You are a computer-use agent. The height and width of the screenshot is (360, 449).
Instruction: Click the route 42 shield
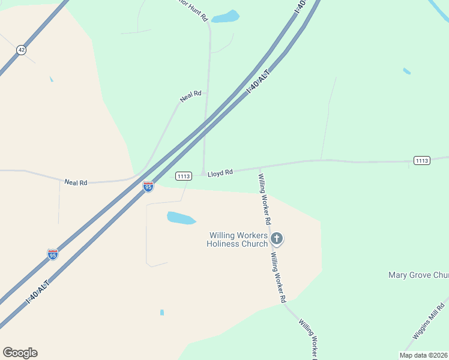coord(22,50)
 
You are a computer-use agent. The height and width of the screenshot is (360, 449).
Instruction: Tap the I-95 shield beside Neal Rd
coord(148,187)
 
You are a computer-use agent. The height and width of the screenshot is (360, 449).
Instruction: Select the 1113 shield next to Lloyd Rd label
coord(184,176)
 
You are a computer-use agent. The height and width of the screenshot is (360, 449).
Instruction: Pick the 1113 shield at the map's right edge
coord(422,160)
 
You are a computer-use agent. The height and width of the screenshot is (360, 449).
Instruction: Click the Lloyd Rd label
coord(220,173)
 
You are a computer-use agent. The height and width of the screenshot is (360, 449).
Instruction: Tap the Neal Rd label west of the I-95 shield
coord(76,182)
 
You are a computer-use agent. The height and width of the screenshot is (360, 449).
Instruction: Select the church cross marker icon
coord(277,239)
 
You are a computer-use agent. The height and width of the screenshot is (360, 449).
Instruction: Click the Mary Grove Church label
coord(418,275)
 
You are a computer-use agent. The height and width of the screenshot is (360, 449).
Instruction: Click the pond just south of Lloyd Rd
coord(181,218)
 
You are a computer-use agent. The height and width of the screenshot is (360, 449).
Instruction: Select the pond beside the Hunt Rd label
coord(225,17)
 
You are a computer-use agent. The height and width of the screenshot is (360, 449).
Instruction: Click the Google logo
coord(20,353)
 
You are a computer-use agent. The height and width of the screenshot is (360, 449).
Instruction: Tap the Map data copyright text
coord(424,355)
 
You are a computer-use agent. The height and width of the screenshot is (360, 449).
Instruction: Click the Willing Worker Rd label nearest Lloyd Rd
coord(265,200)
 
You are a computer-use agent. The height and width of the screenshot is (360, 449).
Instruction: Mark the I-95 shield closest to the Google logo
coord(53,254)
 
